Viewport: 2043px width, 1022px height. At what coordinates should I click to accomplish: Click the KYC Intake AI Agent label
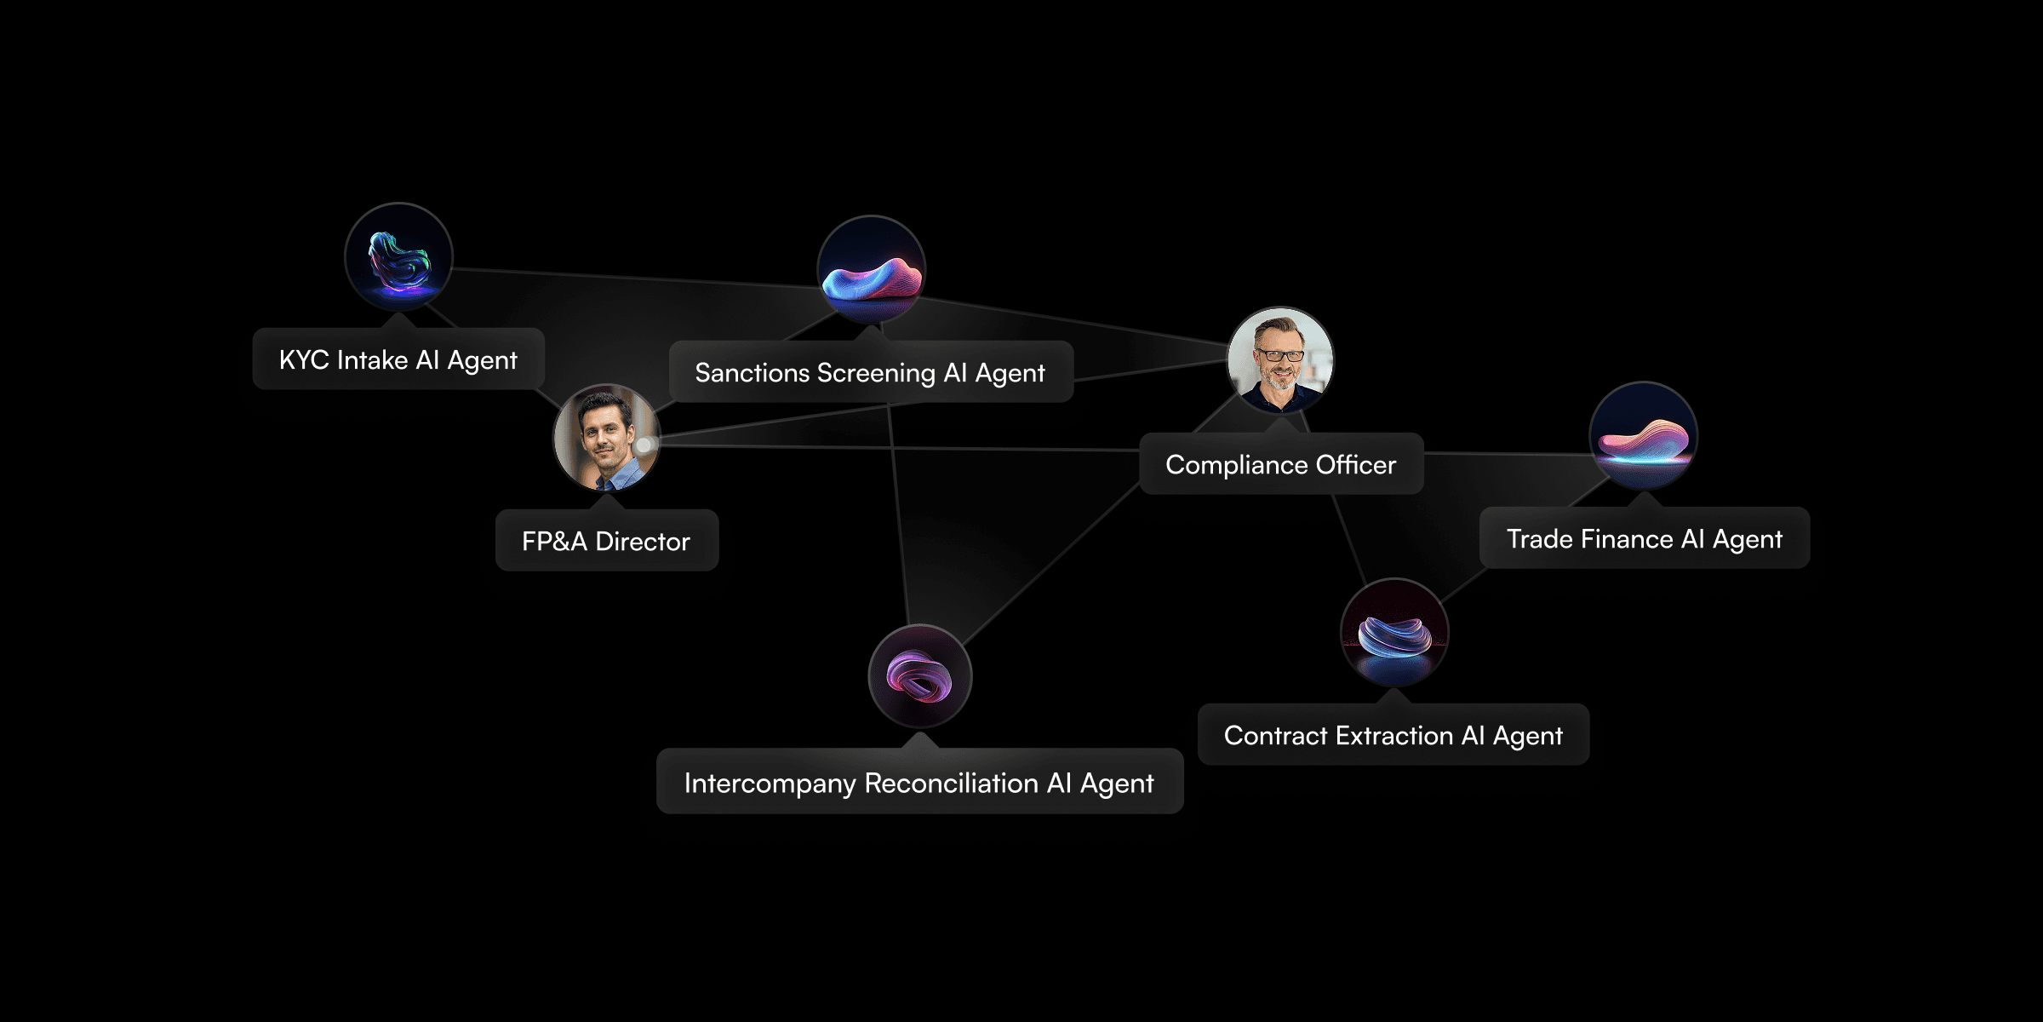(x=398, y=359)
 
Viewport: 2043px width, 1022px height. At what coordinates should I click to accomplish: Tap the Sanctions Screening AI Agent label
(x=870, y=372)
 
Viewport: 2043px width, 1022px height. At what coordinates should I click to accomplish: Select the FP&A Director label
(x=606, y=541)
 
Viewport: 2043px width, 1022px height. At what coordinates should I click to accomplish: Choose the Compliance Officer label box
(x=1280, y=464)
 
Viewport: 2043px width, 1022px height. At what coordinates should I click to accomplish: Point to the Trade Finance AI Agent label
(x=1644, y=538)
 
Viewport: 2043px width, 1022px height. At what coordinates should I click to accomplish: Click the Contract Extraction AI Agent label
(x=1393, y=735)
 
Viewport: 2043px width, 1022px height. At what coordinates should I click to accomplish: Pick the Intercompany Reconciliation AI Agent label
(x=918, y=783)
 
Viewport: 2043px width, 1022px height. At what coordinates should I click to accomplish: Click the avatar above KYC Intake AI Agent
(x=398, y=257)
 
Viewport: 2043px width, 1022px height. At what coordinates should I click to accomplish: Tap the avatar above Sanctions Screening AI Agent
(x=871, y=269)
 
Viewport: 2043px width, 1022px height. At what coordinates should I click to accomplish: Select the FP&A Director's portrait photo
(x=605, y=437)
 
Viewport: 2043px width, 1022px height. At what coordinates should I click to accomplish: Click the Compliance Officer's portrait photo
(x=1280, y=360)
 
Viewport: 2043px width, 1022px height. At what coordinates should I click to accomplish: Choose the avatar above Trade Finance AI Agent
(x=1643, y=435)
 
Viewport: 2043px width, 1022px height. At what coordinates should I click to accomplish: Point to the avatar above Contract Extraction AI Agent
(x=1393, y=632)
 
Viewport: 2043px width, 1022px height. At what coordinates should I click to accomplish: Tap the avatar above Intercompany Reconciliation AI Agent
(x=919, y=676)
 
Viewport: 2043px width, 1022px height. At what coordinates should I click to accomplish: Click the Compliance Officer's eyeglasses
(x=1281, y=355)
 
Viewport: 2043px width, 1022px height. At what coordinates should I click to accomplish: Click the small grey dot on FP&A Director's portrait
(x=644, y=445)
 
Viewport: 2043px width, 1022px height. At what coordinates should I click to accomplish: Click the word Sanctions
(x=752, y=372)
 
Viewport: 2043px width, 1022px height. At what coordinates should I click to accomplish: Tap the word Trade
(x=1540, y=538)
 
